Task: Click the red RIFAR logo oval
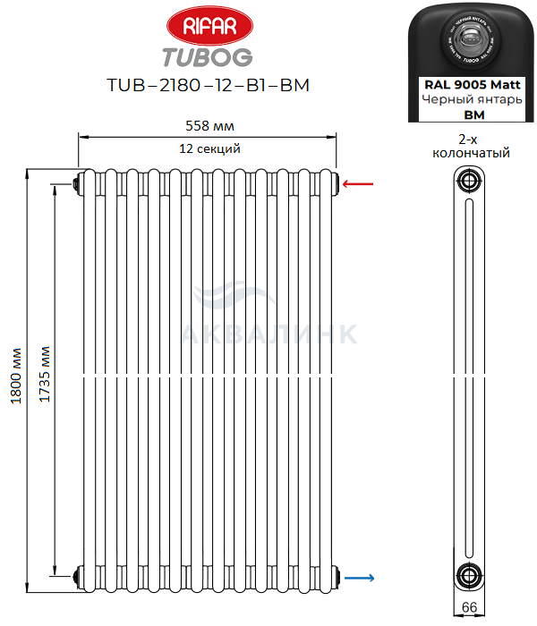pos(208,27)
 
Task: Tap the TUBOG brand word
pos(208,56)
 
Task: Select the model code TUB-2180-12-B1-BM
pos(208,86)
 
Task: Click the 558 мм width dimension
pos(209,126)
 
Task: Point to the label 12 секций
pos(209,148)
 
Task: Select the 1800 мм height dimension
pos(16,376)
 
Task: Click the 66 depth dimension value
pos(468,608)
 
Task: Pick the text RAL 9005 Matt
pos(471,84)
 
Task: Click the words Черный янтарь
pos(471,99)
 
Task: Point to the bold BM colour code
pos(471,114)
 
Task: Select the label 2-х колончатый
pos(471,147)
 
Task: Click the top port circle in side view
pos(468,182)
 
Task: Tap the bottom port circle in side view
pos(468,576)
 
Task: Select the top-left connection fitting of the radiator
pos(77,184)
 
